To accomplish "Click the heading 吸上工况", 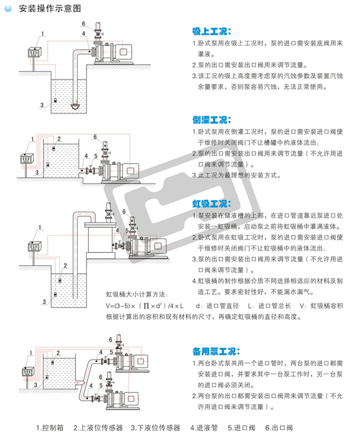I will pos(211,31).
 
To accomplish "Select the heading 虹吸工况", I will pos(211,203).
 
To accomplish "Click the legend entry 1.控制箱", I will pos(49,427).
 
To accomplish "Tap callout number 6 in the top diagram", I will pos(83,24).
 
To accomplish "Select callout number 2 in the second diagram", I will pos(59,139).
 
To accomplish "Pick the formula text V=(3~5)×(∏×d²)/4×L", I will pos(146,306).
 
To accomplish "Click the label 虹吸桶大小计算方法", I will pos(137,294).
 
